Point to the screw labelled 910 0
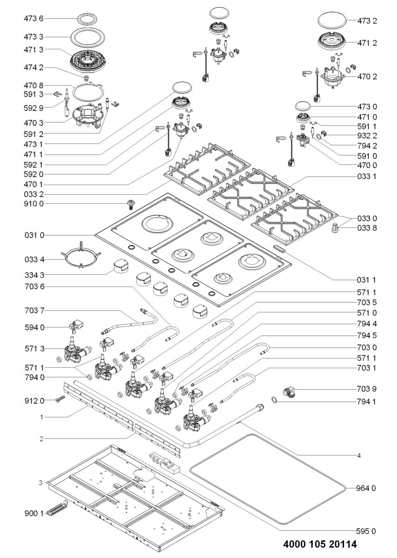tap(130, 204)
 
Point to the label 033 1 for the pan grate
tap(366, 177)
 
